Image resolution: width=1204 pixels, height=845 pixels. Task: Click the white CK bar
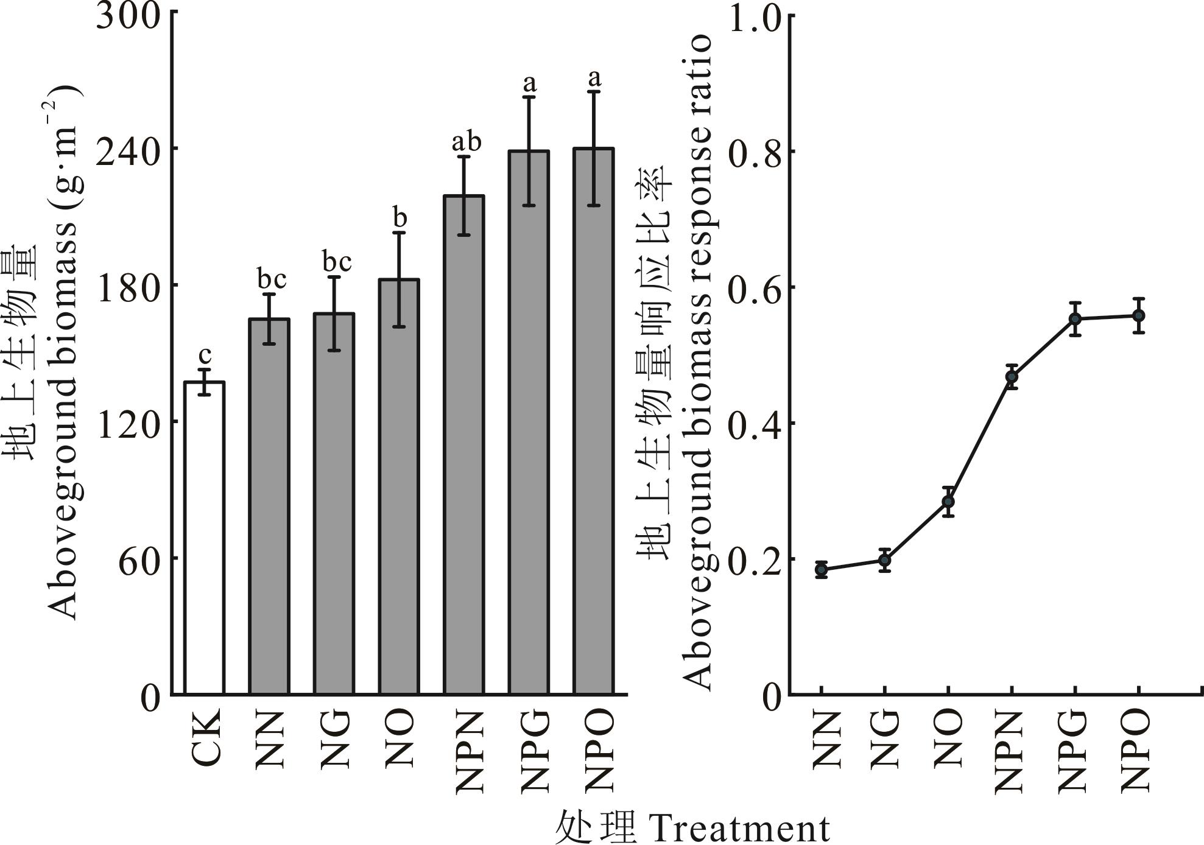click(205, 538)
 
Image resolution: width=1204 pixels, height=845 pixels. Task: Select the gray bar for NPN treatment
click(464, 444)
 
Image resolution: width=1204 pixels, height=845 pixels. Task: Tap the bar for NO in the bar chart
click(399, 487)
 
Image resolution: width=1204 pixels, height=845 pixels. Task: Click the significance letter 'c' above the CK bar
click(205, 355)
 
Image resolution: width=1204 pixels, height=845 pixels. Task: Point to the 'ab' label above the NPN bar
click(466, 142)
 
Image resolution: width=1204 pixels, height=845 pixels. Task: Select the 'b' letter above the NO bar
click(400, 217)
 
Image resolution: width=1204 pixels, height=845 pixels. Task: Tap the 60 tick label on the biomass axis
click(139, 559)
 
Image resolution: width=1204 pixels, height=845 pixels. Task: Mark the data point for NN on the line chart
click(822, 570)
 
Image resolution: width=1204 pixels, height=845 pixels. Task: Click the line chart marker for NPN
click(1012, 377)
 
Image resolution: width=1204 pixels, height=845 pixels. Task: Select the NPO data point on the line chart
click(1138, 315)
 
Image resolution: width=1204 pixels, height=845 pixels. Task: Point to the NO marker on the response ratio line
click(948, 502)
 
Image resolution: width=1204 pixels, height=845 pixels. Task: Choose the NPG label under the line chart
click(1074, 751)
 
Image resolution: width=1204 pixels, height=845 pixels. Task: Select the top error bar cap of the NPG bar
click(529, 96)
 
